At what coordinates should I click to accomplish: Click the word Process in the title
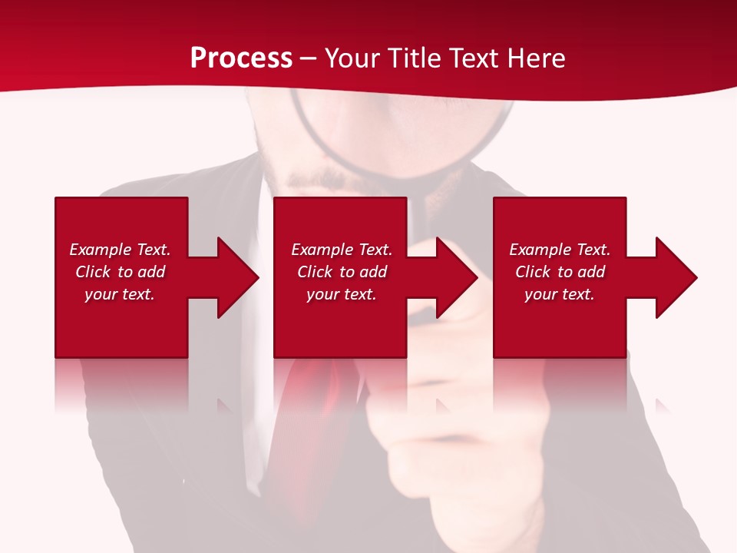pyautogui.click(x=241, y=58)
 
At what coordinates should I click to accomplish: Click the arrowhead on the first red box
pyautogui.click(x=234, y=278)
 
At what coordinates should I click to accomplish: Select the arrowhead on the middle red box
pyautogui.click(x=454, y=278)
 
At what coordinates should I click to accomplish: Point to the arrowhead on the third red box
pyautogui.click(x=673, y=278)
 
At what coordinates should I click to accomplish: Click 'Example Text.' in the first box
pyautogui.click(x=120, y=250)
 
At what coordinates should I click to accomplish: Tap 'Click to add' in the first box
pyautogui.click(x=120, y=272)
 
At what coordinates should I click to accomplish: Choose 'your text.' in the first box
pyautogui.click(x=120, y=294)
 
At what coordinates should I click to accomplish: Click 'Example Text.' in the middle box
pyautogui.click(x=342, y=250)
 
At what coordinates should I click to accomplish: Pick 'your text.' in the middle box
pyautogui.click(x=342, y=294)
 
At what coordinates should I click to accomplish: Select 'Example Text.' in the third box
pyautogui.click(x=560, y=250)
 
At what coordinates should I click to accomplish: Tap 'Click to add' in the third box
pyautogui.click(x=560, y=272)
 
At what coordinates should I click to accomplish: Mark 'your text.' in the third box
pyautogui.click(x=560, y=294)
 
